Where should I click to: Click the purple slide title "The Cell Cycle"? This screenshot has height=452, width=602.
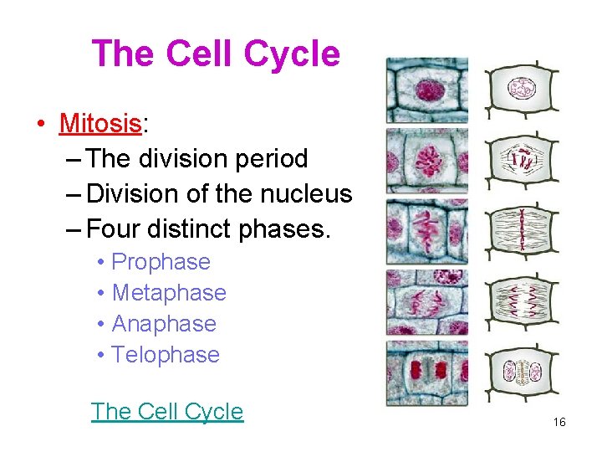click(216, 54)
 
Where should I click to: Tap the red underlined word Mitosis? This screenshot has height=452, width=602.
click(99, 124)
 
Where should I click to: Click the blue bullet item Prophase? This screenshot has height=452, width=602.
click(161, 262)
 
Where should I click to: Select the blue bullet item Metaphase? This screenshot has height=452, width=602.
click(168, 293)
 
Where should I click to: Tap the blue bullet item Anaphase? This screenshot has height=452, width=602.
click(163, 324)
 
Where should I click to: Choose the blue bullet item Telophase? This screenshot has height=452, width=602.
click(165, 355)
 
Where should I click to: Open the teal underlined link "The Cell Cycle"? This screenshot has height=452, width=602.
click(167, 411)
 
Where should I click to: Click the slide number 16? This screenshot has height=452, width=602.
click(559, 423)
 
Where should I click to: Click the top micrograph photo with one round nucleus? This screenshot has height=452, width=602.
click(426, 90)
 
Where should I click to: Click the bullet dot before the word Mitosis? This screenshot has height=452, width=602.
click(39, 125)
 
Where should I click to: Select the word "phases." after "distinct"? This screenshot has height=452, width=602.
click(287, 228)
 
